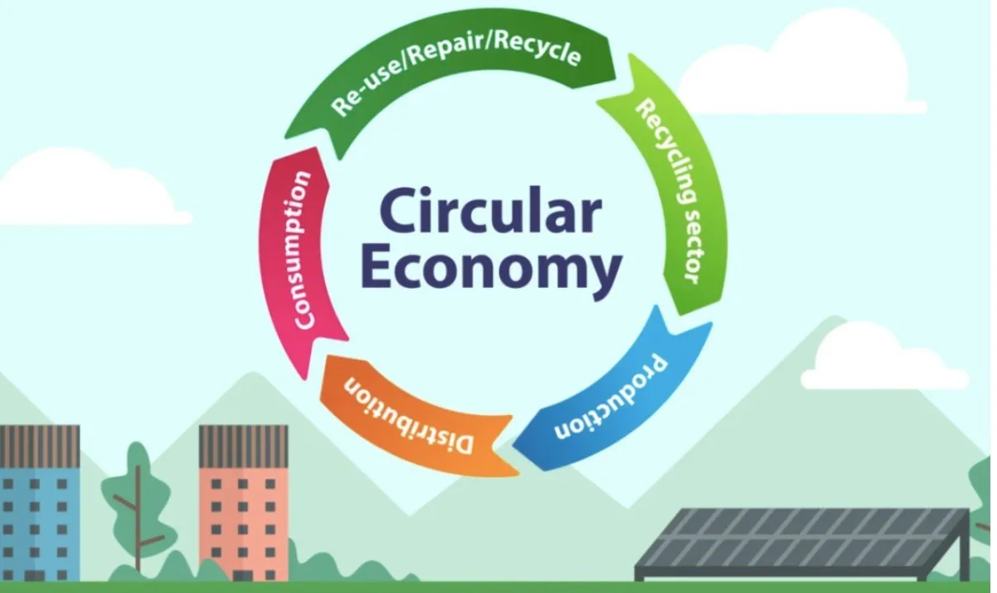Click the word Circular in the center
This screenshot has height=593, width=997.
tap(490, 212)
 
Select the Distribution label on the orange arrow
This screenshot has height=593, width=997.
tap(408, 416)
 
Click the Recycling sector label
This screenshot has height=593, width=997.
tap(670, 191)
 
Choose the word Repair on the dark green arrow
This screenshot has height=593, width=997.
tap(446, 50)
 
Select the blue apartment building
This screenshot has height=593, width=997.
tap(39, 503)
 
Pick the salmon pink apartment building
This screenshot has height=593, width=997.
tap(244, 503)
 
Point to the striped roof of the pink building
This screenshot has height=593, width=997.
tap(244, 446)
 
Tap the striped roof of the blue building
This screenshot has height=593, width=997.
tap(40, 446)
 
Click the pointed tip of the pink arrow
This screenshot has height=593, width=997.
tap(305, 380)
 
